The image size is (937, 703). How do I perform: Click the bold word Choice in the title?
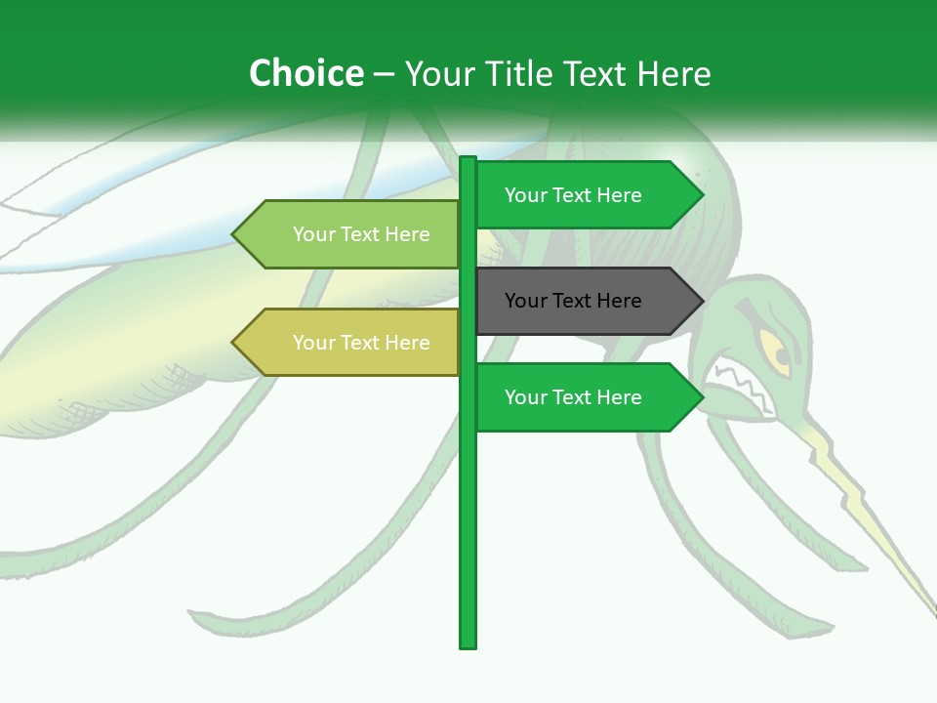(306, 73)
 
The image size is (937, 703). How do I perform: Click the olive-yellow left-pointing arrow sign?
(346, 343)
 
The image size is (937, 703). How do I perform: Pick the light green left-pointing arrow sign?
(346, 234)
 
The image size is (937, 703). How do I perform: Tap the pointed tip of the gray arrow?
(701, 301)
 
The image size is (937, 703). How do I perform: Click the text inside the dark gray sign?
(573, 301)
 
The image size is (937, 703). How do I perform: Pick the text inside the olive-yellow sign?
(361, 343)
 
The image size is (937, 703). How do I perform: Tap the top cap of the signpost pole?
(468, 160)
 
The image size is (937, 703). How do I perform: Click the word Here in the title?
(674, 73)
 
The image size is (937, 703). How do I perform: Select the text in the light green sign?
(361, 234)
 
